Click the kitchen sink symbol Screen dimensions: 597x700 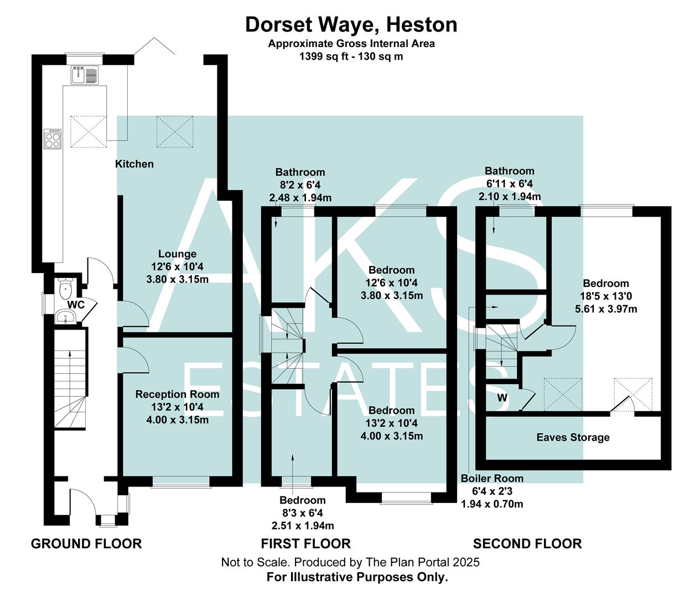[84, 75]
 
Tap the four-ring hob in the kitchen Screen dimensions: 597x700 [53, 138]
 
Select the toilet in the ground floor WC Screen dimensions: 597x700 [66, 287]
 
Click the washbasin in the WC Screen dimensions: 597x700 [65, 317]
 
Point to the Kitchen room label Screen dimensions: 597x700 [134, 164]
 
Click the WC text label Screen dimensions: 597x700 [76, 305]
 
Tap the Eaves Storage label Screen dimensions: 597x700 [573, 437]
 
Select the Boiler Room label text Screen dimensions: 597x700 [492, 478]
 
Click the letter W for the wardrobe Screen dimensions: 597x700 [502, 397]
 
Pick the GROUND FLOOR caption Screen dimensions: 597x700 [86, 544]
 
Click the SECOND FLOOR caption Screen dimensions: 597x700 [527, 544]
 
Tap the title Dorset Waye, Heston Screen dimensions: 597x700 [351, 25]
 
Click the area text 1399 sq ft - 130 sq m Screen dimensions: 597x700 [351, 56]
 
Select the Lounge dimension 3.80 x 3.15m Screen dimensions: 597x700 [177, 279]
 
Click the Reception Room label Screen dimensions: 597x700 [177, 394]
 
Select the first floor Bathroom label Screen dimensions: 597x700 [300, 172]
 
